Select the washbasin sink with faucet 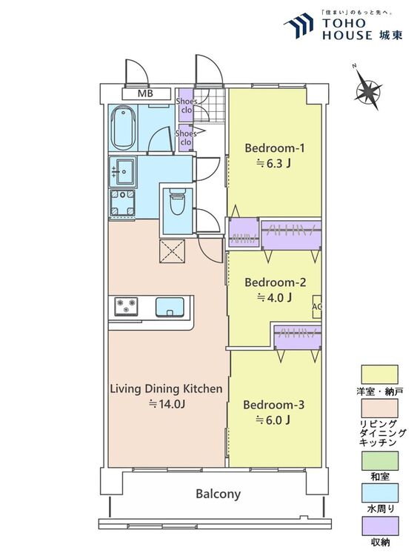point(123,171)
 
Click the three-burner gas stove point(126,306)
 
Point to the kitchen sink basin point(170,307)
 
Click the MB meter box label point(145,93)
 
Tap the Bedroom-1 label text point(274,148)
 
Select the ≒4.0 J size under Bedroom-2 point(274,298)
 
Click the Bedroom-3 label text point(273,405)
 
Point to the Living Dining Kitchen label point(166,388)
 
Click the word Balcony point(218,494)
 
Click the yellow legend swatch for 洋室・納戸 point(379,374)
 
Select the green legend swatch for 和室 point(379,460)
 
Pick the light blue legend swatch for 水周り point(379,493)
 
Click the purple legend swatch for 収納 point(379,526)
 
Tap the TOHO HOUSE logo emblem point(298,24)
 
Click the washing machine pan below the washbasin point(123,203)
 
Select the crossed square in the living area point(172,251)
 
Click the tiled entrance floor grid point(209,105)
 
